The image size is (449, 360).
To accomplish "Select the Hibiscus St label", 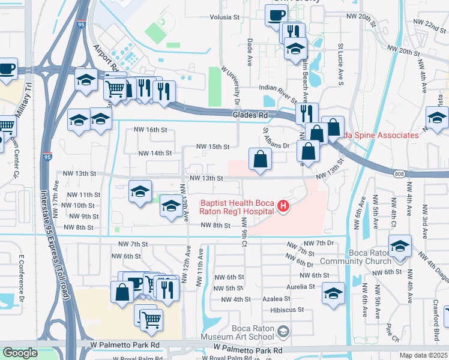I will click(x=288, y=310).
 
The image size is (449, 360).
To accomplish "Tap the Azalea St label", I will click(x=279, y=299).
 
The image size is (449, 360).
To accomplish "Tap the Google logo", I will click(x=20, y=353).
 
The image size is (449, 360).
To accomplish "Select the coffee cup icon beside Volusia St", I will click(x=277, y=16).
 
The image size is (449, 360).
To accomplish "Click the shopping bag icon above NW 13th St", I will click(x=261, y=159).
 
